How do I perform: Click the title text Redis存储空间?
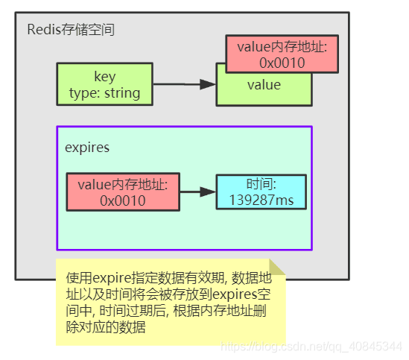[71, 31]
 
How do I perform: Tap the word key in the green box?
[105, 77]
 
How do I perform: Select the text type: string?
[105, 92]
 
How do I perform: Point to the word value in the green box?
[264, 85]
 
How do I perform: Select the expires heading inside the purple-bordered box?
[87, 148]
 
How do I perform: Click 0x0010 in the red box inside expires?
[122, 200]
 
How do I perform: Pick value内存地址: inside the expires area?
[122, 184]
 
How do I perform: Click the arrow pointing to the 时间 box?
[197, 192]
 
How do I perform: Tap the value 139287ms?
[261, 200]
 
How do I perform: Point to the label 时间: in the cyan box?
[261, 184]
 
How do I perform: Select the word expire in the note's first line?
[112, 278]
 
